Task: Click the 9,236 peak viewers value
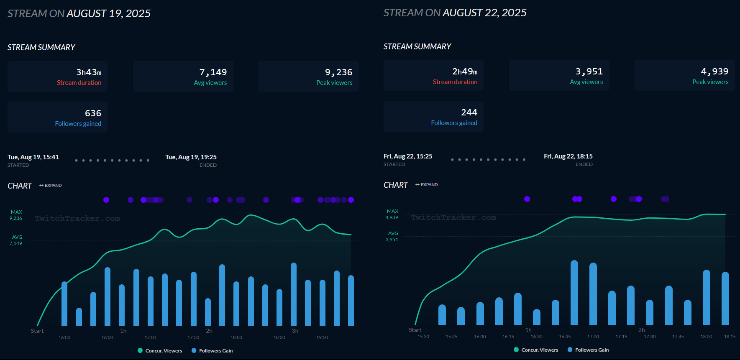click(338, 72)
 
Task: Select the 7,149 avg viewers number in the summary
click(213, 72)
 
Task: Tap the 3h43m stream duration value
click(89, 72)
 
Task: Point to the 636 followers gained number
click(93, 113)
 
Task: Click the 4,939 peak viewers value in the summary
click(714, 71)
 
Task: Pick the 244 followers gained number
click(469, 112)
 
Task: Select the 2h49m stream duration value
click(465, 71)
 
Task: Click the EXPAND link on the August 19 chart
click(51, 185)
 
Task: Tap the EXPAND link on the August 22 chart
click(427, 184)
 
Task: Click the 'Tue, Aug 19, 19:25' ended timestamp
click(191, 157)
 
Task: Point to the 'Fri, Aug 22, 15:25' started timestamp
click(408, 156)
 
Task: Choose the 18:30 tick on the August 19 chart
click(279, 337)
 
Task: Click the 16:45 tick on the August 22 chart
click(565, 337)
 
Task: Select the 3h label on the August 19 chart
click(295, 331)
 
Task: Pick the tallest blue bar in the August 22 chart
click(574, 293)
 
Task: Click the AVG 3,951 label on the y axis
click(392, 237)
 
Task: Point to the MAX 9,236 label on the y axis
click(16, 215)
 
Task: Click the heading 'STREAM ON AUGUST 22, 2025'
click(455, 13)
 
